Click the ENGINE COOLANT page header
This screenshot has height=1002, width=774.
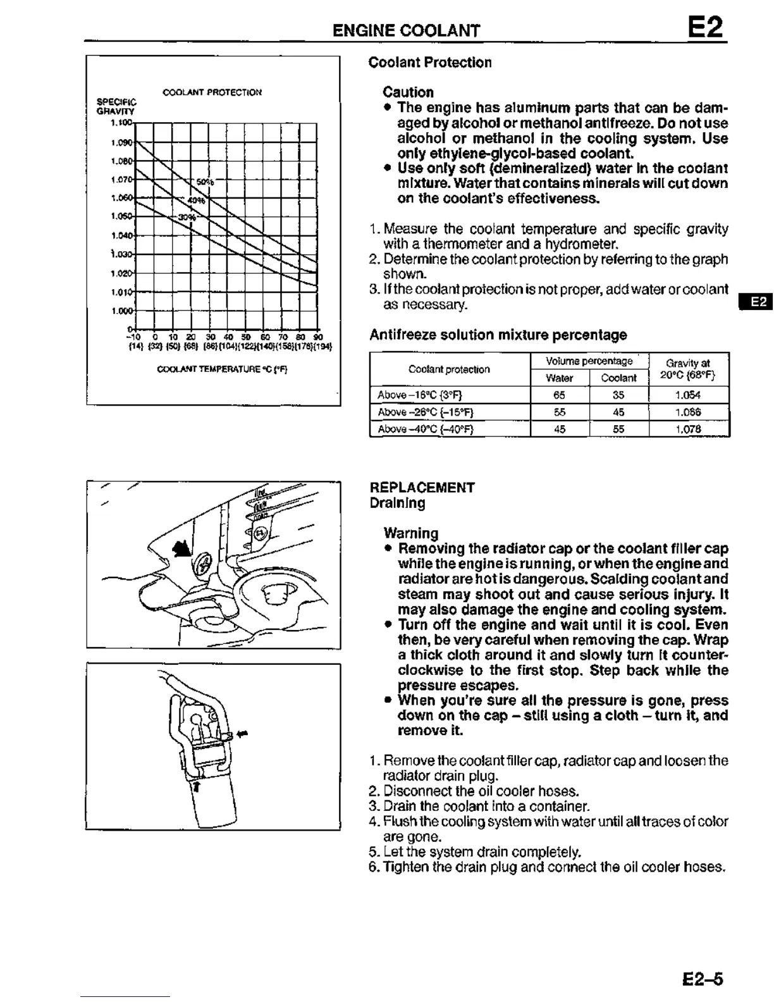coord(406,30)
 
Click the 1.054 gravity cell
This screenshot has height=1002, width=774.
coord(687,395)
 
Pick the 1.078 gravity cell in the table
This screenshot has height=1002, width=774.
coord(687,430)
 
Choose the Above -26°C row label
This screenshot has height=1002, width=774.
coord(425,412)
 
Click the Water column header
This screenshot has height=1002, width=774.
coord(559,378)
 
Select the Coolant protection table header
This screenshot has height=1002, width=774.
coord(449,369)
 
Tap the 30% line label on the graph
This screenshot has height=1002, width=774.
coord(187,217)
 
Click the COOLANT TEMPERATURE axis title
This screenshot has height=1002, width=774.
coord(222,369)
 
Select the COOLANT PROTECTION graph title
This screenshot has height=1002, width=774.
coord(212,92)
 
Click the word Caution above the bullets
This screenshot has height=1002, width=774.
coord(408,92)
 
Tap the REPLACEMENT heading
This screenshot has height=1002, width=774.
coord(422,488)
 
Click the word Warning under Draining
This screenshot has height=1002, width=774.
coord(410,533)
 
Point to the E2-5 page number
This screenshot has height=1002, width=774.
coord(703,980)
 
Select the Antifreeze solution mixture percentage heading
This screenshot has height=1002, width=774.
coord(498,335)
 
